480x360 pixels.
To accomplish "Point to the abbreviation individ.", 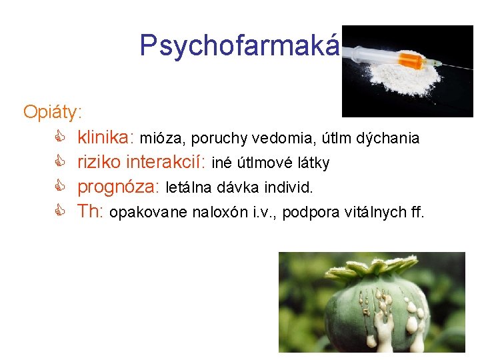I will [289, 188].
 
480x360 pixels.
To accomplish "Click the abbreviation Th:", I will [91, 212].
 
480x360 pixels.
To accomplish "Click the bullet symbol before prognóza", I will [59, 187].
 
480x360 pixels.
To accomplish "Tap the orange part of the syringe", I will [411, 62].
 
